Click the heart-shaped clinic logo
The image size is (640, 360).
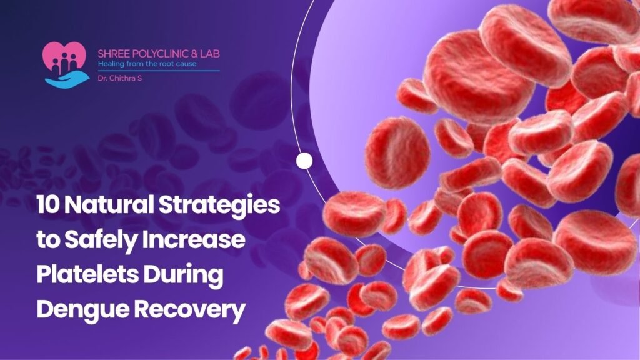[64, 57]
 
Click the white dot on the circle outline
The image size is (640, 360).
[304, 161]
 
